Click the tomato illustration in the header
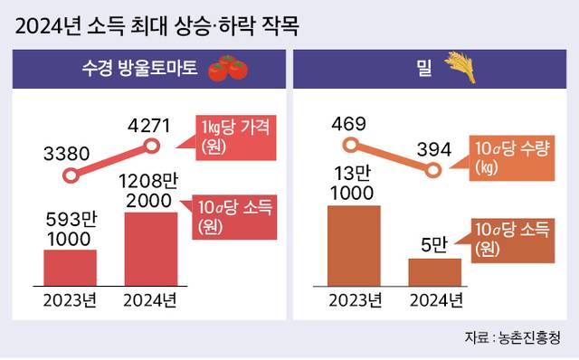(x=228, y=68)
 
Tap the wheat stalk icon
(x=460, y=67)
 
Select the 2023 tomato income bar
(x=71, y=268)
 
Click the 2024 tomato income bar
(x=151, y=249)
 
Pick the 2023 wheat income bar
(x=354, y=245)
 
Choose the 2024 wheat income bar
(x=434, y=272)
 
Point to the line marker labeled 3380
(x=71, y=175)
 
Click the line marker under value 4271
(x=151, y=147)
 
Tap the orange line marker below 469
(x=351, y=145)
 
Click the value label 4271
(x=149, y=126)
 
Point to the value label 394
(x=434, y=149)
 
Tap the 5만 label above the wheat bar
(x=434, y=244)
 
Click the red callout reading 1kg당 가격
(x=235, y=137)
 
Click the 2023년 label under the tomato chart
(x=70, y=300)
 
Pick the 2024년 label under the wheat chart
(x=436, y=300)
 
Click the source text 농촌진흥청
(x=529, y=337)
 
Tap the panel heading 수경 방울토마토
(x=139, y=69)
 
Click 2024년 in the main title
(x=48, y=26)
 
